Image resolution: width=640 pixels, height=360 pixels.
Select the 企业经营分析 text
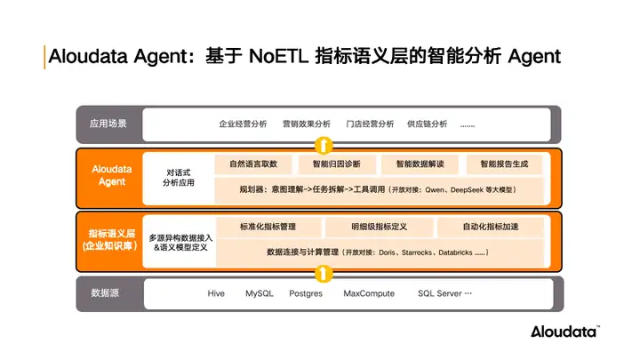243,124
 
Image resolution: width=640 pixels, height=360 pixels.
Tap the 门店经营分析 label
369,124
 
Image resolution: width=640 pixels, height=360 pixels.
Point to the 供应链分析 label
427,124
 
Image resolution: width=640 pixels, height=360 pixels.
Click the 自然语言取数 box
253,164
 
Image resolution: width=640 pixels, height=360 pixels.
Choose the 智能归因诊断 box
337,164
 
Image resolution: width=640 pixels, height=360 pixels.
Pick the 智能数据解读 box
420,164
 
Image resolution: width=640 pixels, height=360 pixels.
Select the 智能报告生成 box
504,164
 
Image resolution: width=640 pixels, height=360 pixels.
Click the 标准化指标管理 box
268,228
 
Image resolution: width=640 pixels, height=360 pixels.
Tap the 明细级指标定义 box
379,228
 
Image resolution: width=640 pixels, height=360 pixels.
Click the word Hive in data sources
216,293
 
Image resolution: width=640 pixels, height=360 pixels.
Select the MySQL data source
260,293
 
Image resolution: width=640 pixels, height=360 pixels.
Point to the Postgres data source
306,293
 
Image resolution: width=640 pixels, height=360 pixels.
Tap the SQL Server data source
440,293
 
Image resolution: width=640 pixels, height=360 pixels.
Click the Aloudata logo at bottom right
565,332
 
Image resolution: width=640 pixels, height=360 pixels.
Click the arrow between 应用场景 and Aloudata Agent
326,145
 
